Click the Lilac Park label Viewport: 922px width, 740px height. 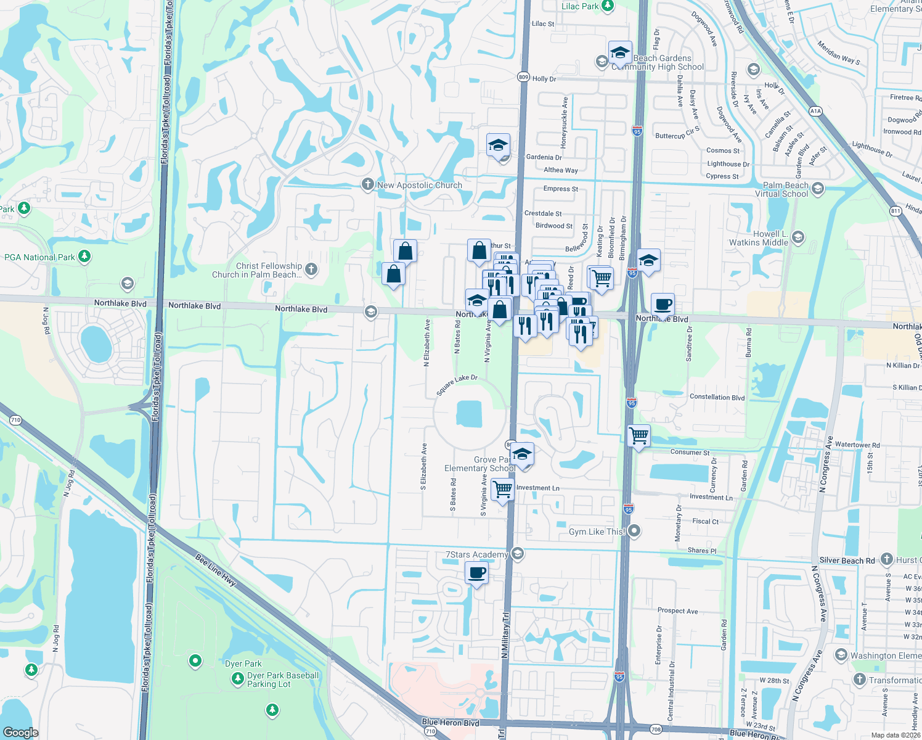pyautogui.click(x=580, y=6)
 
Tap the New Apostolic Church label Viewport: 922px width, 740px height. pyautogui.click(x=419, y=185)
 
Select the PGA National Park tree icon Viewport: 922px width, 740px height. pyautogui.click(x=85, y=256)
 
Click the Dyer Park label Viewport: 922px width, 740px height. pyautogui.click(x=243, y=664)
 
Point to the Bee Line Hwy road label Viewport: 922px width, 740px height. pyautogui.click(x=216, y=570)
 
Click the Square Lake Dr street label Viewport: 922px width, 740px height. pyautogui.click(x=457, y=385)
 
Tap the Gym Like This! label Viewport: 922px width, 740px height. pyautogui.click(x=597, y=532)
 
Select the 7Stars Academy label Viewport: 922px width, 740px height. pyautogui.click(x=476, y=554)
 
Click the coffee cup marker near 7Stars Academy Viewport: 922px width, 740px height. pyautogui.click(x=477, y=573)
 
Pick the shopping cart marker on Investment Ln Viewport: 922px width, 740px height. pyautogui.click(x=503, y=490)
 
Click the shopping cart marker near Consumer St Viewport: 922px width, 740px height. pyautogui.click(x=639, y=436)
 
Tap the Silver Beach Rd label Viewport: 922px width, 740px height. pyautogui.click(x=847, y=561)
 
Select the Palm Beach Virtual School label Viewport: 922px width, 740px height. pyautogui.click(x=785, y=189)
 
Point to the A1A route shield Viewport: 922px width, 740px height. pyautogui.click(x=815, y=111)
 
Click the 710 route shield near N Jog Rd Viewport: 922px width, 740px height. pyautogui.click(x=15, y=420)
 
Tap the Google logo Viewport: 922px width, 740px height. pyautogui.click(x=21, y=732)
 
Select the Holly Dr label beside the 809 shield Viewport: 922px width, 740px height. pyautogui.click(x=544, y=79)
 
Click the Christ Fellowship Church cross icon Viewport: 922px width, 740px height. pyautogui.click(x=312, y=268)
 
